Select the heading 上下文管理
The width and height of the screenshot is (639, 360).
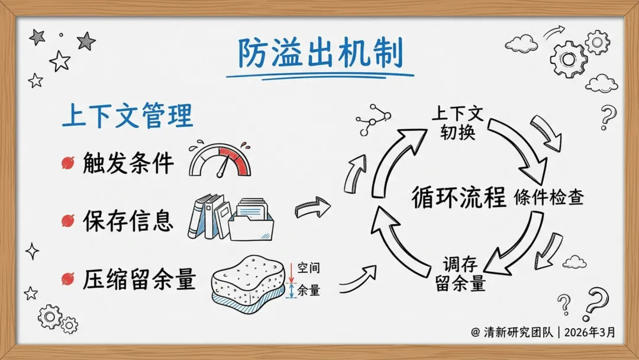[127, 117]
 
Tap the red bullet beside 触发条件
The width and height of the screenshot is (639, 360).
[67, 163]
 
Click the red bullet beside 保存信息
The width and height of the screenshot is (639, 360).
[67, 221]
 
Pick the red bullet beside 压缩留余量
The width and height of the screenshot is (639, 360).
[67, 277]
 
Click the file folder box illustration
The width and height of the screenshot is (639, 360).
[252, 219]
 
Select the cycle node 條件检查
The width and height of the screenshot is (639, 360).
[549, 198]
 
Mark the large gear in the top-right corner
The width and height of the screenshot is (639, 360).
[569, 59]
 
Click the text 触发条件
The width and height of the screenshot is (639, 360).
[128, 163]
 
